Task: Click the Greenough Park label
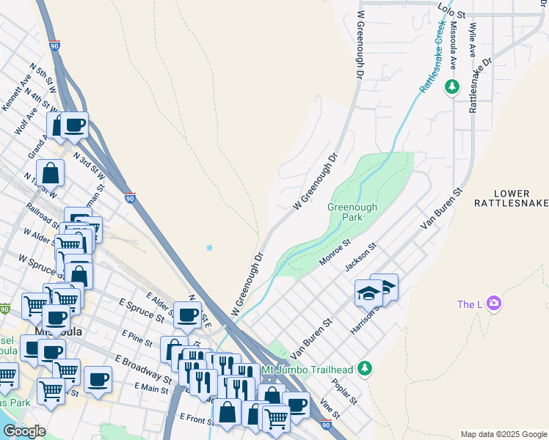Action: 352,213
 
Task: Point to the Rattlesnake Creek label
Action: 432,57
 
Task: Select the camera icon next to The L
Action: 494,304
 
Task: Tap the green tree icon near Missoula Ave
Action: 452,87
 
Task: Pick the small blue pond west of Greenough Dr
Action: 209,248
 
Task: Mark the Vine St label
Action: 329,409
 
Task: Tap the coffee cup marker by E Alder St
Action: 187,315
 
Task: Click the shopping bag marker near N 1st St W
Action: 51,174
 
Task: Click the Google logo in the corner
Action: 24,431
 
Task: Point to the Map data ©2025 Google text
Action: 503,434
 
